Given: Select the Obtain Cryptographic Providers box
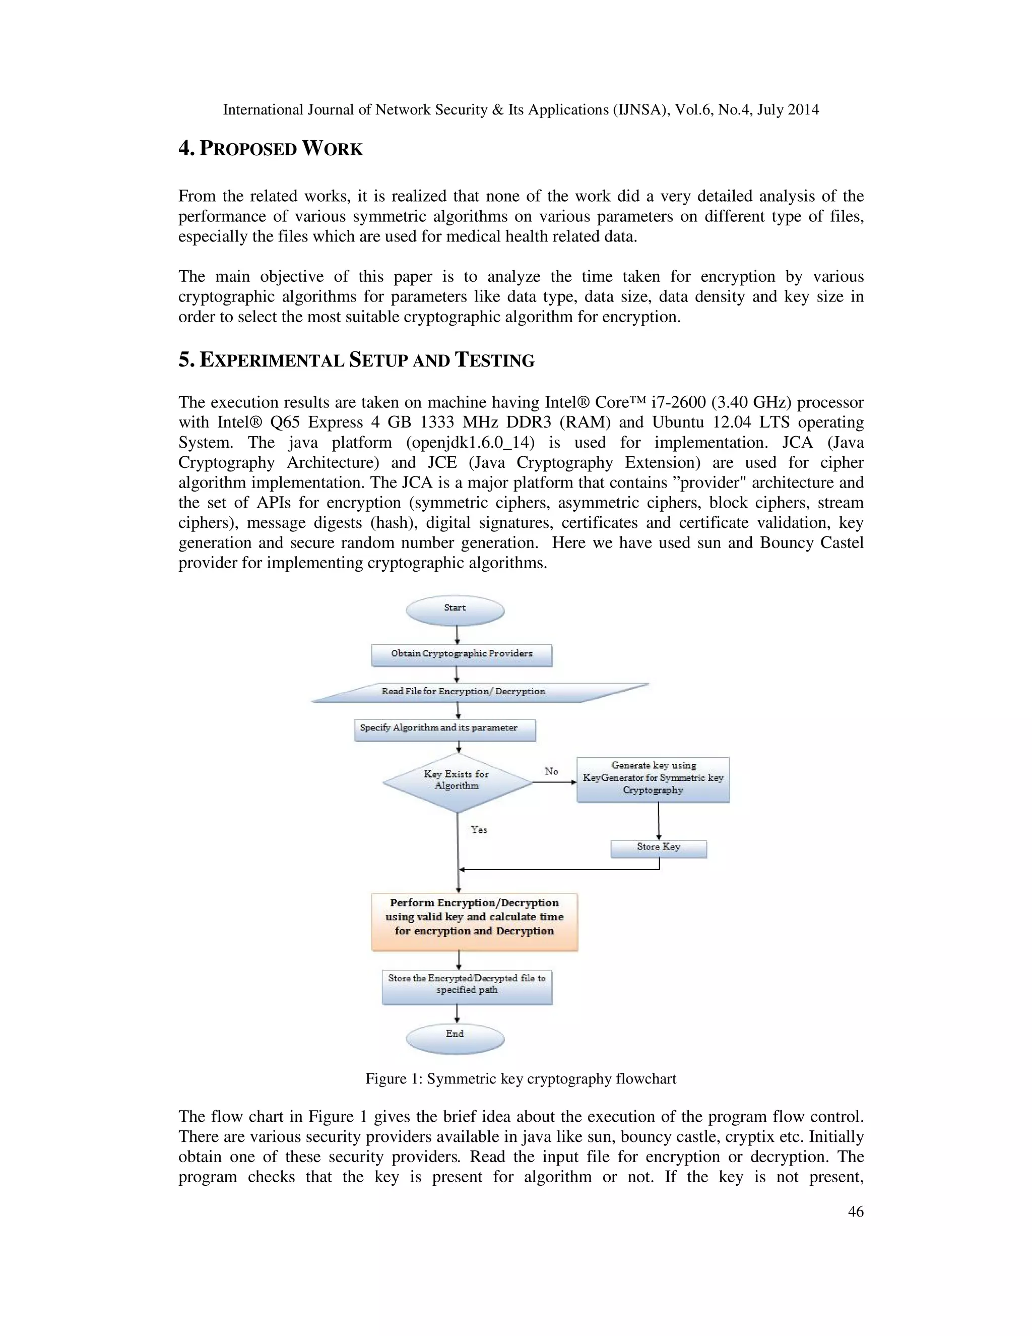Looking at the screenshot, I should point(462,654).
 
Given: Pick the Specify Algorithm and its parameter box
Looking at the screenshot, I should point(444,729).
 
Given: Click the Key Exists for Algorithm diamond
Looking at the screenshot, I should point(458,781).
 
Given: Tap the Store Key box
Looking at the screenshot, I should point(659,848).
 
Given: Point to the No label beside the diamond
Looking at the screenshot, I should point(551,771).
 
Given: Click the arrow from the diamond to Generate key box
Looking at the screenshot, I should point(554,782).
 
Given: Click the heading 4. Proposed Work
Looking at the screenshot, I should point(270,149).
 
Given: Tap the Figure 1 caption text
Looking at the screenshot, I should point(520,1078).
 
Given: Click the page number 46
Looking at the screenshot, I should point(856,1211).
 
